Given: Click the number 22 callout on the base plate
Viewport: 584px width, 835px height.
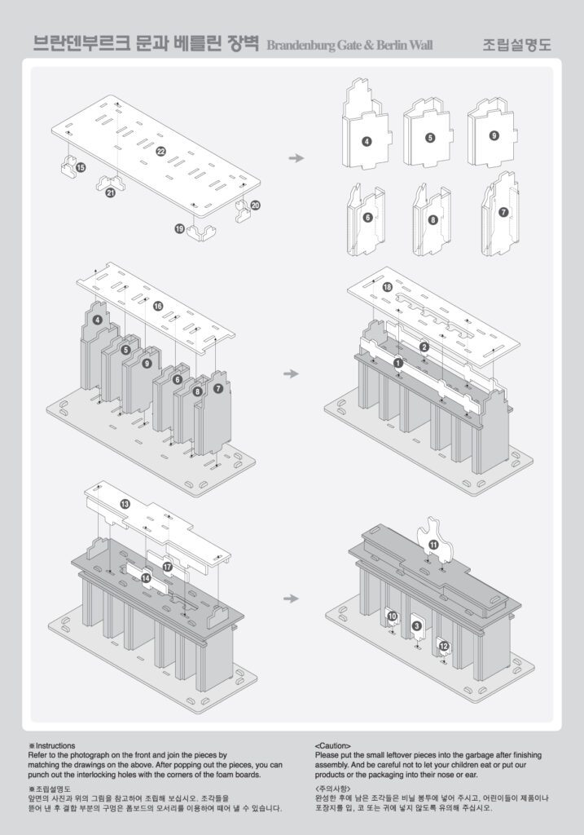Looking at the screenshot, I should pyautogui.click(x=160, y=152).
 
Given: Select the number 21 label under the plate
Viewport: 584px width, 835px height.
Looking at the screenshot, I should pyautogui.click(x=111, y=192).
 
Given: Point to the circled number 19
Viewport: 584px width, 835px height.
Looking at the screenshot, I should pyautogui.click(x=179, y=229).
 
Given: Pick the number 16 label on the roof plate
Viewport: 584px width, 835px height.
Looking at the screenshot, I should pyautogui.click(x=158, y=306).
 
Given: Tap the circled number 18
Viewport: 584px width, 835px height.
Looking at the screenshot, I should pyautogui.click(x=387, y=288).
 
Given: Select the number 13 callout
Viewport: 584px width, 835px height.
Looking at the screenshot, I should pyautogui.click(x=125, y=504).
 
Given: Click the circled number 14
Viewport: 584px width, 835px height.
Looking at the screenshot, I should pyautogui.click(x=146, y=577).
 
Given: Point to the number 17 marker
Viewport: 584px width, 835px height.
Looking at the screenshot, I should pyautogui.click(x=168, y=566).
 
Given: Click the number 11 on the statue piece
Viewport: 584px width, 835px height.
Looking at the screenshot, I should pyautogui.click(x=433, y=544).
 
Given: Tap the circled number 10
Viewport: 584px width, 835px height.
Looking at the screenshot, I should pyautogui.click(x=392, y=616).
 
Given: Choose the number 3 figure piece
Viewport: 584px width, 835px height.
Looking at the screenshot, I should pyautogui.click(x=417, y=625).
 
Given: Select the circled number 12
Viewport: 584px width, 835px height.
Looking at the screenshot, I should pyautogui.click(x=444, y=646).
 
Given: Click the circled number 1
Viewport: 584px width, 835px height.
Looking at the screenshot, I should pyautogui.click(x=397, y=362).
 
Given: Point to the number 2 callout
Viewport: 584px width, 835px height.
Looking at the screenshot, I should pyautogui.click(x=424, y=347).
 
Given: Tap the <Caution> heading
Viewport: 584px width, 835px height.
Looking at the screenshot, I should pyautogui.click(x=333, y=745).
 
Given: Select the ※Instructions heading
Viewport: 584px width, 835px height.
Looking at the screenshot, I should pyautogui.click(x=51, y=745).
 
